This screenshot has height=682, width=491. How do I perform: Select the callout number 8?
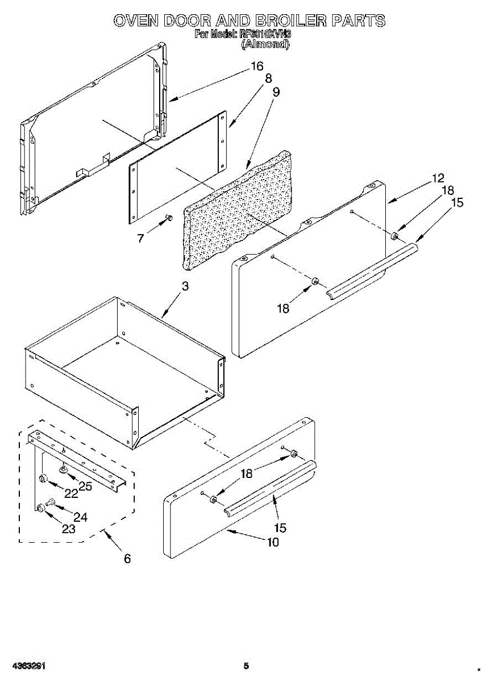point(268,78)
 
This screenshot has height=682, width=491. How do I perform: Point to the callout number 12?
point(438,178)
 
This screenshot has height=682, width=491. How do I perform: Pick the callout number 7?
point(140,238)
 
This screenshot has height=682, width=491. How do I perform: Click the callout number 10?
point(273,542)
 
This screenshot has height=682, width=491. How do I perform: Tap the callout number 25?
point(85,486)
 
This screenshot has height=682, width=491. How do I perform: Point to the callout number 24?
point(80,517)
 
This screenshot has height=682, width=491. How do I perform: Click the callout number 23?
point(68,529)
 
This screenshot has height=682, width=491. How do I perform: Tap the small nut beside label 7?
point(168,218)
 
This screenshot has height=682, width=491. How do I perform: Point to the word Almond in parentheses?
point(265,44)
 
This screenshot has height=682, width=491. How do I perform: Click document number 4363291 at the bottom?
point(27,666)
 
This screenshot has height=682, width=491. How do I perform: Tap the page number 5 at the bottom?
point(246,666)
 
